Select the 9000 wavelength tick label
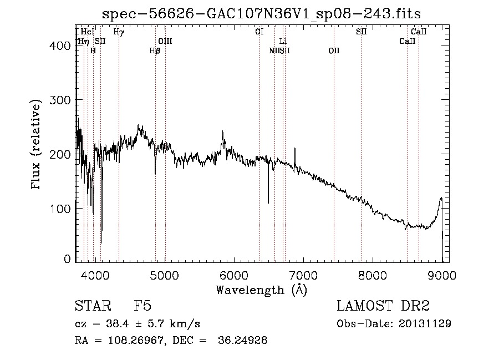click(442, 275)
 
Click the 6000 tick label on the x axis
click(233, 275)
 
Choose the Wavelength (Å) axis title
click(261, 290)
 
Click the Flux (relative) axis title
click(37, 145)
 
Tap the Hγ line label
click(119, 32)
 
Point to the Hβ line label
click(155, 50)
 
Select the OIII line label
click(165, 41)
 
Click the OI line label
click(259, 32)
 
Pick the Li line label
click(283, 41)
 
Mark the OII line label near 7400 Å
click(334, 50)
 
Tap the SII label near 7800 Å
click(361, 32)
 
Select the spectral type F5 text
click(142, 306)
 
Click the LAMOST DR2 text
click(383, 306)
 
